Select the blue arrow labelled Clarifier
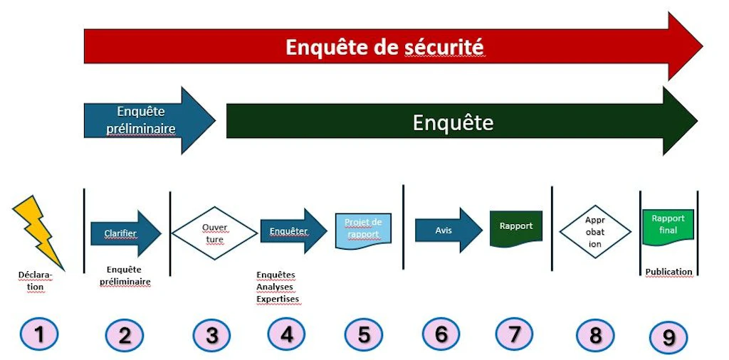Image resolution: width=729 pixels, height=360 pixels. coord(125,233)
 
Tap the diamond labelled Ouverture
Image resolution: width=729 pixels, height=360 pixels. coord(214,233)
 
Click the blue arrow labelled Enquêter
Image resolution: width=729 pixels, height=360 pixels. coord(293,231)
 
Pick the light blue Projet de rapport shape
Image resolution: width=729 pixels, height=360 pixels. coord(363,231)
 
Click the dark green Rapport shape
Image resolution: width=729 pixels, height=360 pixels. coord(516,228)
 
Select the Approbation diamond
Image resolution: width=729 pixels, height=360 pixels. coord(595,231)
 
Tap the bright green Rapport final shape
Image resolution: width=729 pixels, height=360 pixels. coord(668,226)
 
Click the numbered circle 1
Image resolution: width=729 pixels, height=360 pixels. coord(40,334)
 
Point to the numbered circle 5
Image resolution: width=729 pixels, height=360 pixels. coord(364,334)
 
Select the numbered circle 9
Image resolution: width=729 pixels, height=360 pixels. coord(668,337)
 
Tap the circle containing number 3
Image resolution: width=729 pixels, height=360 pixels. coord(212,335)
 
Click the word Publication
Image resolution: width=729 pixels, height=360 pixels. coord(669,272)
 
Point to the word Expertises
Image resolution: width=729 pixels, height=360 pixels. coord(278,299)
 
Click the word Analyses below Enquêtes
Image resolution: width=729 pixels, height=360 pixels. coord(274,287)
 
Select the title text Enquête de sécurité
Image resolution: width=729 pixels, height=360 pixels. coord(384,48)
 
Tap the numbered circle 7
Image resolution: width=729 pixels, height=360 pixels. coord(514,334)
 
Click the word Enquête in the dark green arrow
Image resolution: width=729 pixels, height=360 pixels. coord(453,123)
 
